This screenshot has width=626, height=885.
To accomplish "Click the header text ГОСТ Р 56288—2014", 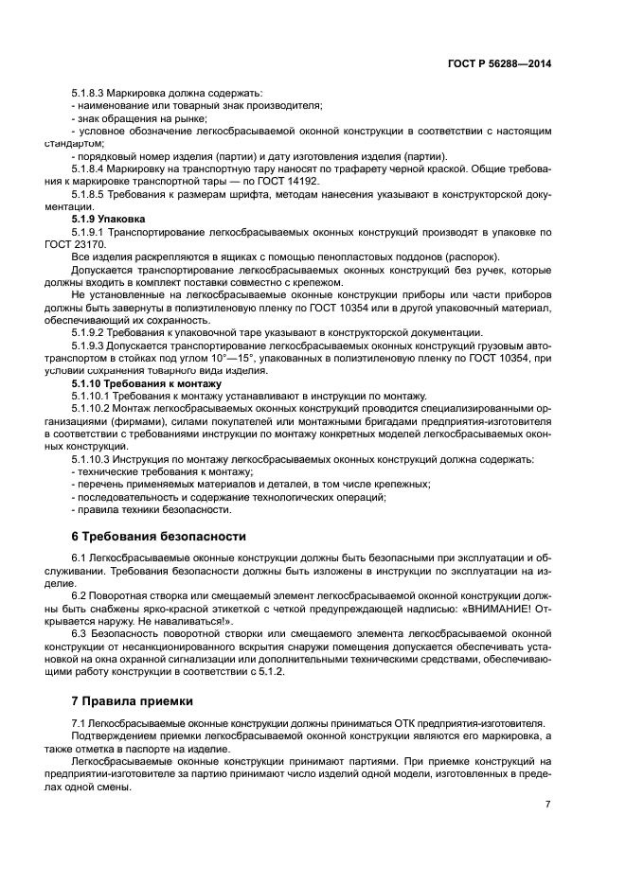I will pyautogui.click(x=499, y=63).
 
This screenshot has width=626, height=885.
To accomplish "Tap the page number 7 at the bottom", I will pyautogui.click(x=547, y=805).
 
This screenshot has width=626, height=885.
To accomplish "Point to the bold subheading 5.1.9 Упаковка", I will pyautogui.click(x=101, y=218).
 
